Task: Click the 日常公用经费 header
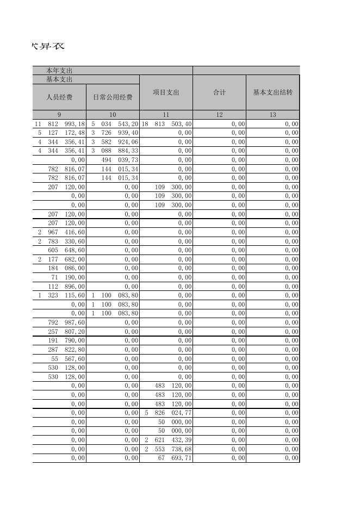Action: pyautogui.click(x=113, y=97)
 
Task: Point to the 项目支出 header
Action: pyautogui.click(x=166, y=92)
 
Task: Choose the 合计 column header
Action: pyautogui.click(x=219, y=92)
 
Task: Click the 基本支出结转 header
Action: pyautogui.click(x=272, y=92)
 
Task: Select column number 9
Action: pyautogui.click(x=59, y=115)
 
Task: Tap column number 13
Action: pyautogui.click(x=272, y=115)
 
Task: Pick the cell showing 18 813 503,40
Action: pyautogui.click(x=166, y=124)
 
